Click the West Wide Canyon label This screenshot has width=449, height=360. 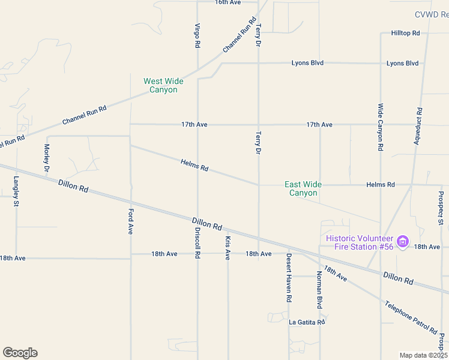point(163,85)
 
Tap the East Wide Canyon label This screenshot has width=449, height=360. point(303,188)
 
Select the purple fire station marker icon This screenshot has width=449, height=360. point(403,242)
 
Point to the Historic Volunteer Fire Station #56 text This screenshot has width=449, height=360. point(359,242)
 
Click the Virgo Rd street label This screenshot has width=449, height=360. point(197,35)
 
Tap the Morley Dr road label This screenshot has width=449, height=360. point(46,157)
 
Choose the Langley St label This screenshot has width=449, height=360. point(16,191)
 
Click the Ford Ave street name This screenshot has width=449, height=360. point(130,221)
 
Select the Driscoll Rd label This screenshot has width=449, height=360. point(197,242)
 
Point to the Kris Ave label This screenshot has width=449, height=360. point(228,248)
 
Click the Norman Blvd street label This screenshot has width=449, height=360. point(319,290)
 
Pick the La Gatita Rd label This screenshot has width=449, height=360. point(307,322)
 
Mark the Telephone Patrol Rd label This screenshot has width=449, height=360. point(412,317)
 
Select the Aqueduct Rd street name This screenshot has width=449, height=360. point(419,127)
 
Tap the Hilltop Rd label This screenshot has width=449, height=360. point(405,33)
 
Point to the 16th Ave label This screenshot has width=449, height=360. point(228,2)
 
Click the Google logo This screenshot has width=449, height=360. point(20,353)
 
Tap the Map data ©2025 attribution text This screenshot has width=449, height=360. point(423,355)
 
